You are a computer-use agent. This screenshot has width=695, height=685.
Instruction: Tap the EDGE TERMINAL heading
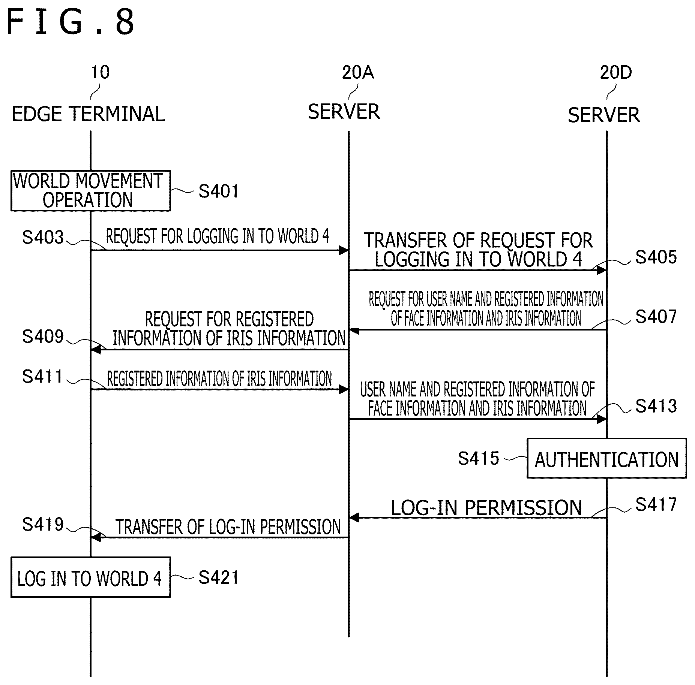tap(89, 114)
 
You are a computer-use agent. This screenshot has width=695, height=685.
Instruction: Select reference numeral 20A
tap(358, 72)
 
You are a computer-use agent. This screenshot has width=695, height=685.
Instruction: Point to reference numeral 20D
tap(616, 72)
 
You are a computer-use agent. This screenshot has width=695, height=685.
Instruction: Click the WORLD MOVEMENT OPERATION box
tap(91, 191)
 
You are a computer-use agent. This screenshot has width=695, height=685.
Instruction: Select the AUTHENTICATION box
tap(607, 458)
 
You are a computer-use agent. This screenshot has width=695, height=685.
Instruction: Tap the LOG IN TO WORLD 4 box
tap(91, 577)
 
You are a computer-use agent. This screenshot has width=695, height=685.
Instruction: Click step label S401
tap(219, 191)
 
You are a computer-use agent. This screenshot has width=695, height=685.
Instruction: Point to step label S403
tap(43, 237)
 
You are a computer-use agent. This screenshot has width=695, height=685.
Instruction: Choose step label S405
tap(656, 257)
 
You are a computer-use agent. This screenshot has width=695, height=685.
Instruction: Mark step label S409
tap(43, 337)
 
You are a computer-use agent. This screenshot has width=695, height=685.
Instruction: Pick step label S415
tap(479, 458)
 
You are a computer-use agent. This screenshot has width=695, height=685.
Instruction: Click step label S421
tap(219, 577)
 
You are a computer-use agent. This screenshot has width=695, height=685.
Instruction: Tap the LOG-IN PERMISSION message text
tap(486, 508)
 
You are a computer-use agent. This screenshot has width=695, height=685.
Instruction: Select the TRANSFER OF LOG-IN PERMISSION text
tap(228, 526)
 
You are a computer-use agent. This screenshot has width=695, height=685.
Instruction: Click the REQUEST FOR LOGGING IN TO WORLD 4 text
tap(218, 236)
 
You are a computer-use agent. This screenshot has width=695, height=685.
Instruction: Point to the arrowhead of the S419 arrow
tap(95, 538)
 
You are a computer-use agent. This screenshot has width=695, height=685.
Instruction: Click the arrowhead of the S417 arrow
tap(354, 518)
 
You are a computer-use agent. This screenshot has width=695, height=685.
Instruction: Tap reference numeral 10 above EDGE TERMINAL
tap(100, 72)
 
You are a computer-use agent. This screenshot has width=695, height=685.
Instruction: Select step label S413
tap(656, 406)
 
